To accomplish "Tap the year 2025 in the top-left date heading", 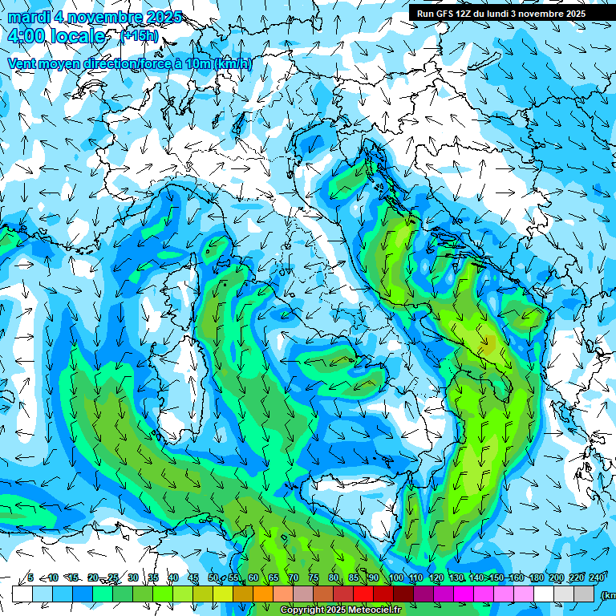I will pyautogui.click(x=160, y=17).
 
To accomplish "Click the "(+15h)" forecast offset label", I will pyautogui.click(x=139, y=36).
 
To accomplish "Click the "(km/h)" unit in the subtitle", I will pyautogui.click(x=233, y=63).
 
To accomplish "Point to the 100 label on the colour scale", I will pyautogui.click(x=396, y=577).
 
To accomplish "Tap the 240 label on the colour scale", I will pyautogui.click(x=597, y=577).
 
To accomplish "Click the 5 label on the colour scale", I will pyautogui.click(x=30, y=577).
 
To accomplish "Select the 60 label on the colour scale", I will pyautogui.click(x=253, y=577).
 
